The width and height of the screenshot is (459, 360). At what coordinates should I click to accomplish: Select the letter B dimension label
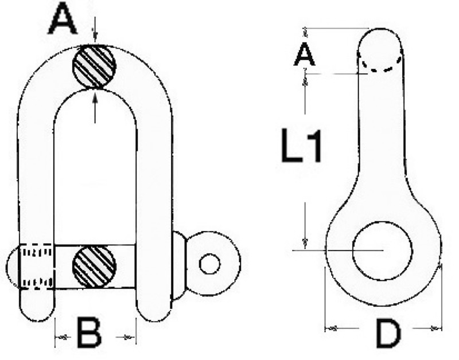90,333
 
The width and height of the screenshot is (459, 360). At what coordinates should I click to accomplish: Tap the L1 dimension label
301,146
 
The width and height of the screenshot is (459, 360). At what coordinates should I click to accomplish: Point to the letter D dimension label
388,334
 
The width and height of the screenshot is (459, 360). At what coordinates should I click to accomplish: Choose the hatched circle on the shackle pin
94,267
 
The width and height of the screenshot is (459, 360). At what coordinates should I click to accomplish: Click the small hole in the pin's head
209,264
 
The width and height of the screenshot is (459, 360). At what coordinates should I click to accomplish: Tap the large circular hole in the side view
383,251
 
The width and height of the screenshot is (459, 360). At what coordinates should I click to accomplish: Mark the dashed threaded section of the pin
36,267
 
